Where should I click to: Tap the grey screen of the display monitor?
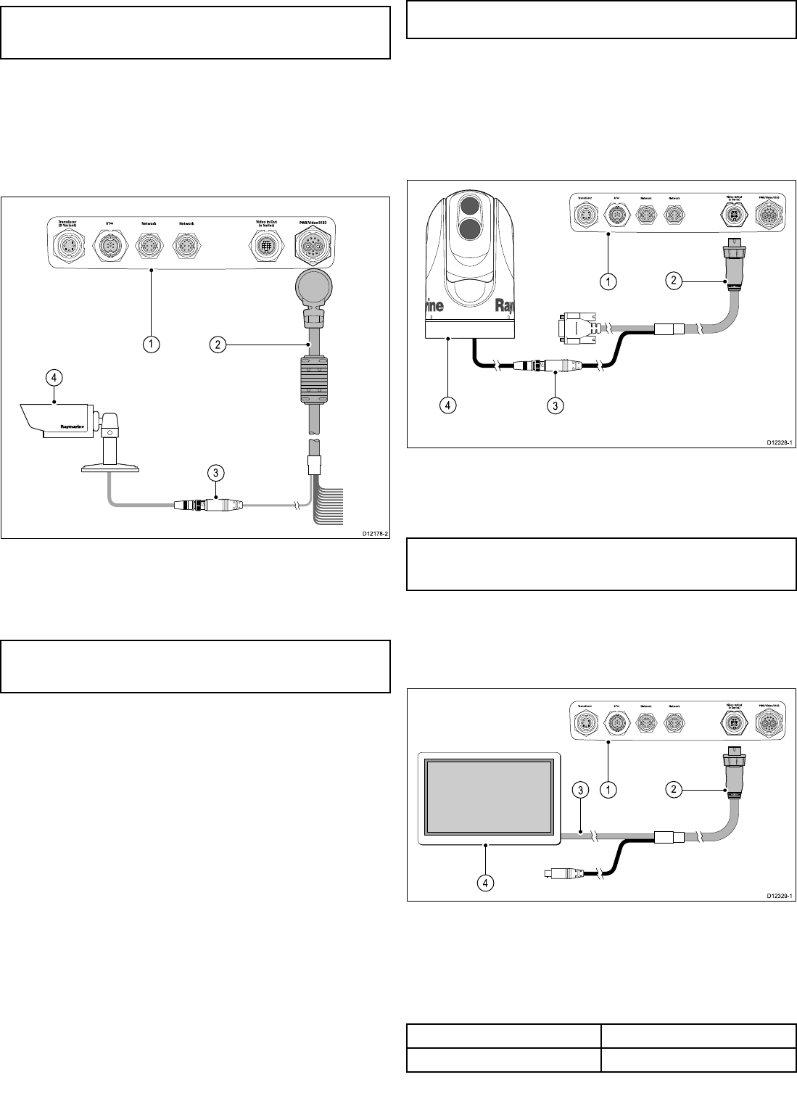click(488, 796)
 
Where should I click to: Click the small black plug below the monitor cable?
click(561, 875)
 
